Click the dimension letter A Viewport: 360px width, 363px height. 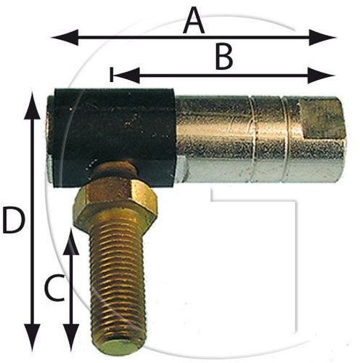pos(194,22)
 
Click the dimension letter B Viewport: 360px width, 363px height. pos(224,57)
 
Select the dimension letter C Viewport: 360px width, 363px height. pos(54,288)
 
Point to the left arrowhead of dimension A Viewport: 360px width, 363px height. pos(65,38)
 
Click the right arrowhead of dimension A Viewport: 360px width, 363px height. pos(322,38)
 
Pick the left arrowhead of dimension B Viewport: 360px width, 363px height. pos(126,76)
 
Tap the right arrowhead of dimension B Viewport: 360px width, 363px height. pos(321,76)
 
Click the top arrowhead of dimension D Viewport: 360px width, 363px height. pos(32,105)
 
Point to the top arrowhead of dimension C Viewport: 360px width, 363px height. pos(70,241)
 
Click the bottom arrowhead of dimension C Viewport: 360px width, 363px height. pos(70,338)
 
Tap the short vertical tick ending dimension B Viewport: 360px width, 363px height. pos(111,75)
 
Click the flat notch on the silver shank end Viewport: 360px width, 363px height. pos(323,118)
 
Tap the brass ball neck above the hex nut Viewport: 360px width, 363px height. pos(114,171)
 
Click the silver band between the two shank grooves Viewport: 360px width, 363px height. pos(267,139)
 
